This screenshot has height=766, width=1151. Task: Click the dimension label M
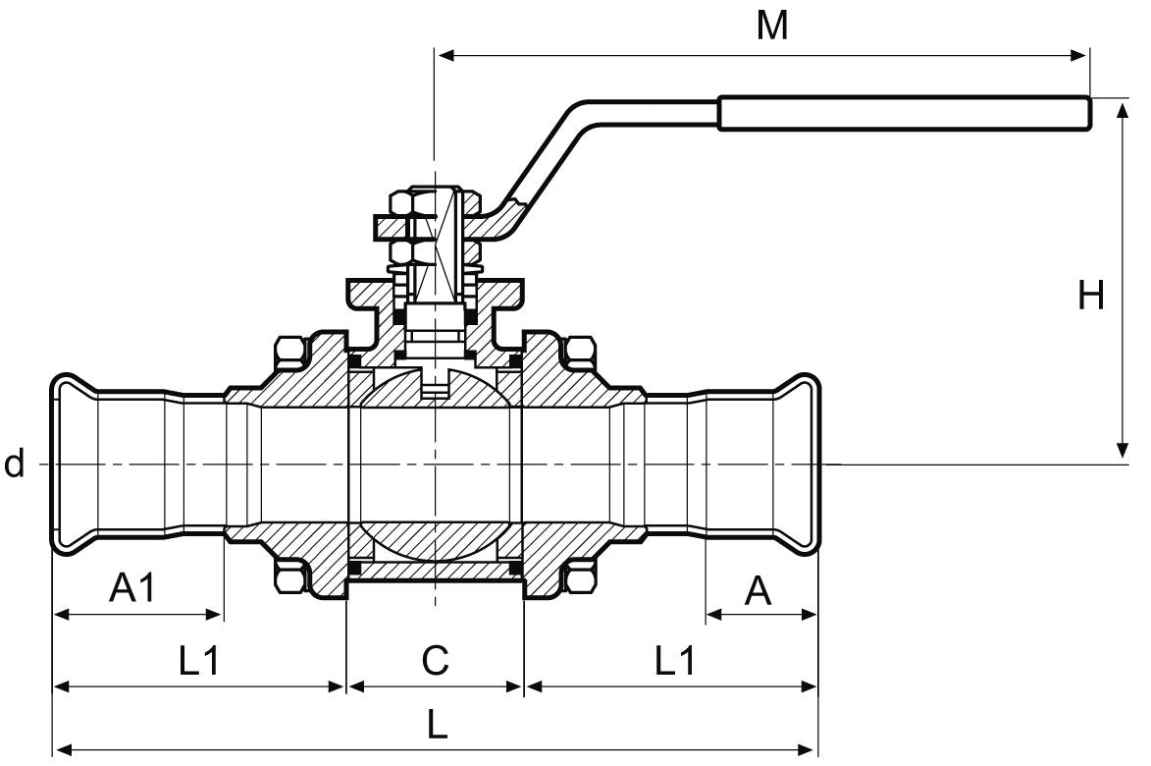point(772,27)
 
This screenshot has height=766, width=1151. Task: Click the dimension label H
point(1090,295)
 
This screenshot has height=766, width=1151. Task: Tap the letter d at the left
point(14,464)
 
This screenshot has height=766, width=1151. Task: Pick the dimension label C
point(435,661)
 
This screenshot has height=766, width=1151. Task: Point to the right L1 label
point(674,661)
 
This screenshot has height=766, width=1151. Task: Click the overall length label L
point(437,726)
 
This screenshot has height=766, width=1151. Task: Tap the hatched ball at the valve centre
point(435,393)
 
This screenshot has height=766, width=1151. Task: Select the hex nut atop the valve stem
point(405,203)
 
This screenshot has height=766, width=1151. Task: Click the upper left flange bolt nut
point(289,354)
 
